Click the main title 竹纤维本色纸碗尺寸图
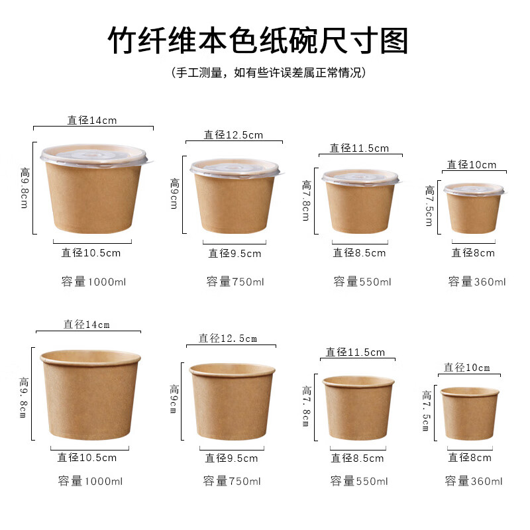click(258, 41)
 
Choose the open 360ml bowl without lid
click(470, 413)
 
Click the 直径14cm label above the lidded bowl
click(92, 120)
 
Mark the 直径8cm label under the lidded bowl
click(473, 252)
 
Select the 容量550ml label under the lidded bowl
click(362, 282)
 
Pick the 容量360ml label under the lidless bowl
click(474, 481)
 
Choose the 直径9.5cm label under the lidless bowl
click(231, 458)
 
